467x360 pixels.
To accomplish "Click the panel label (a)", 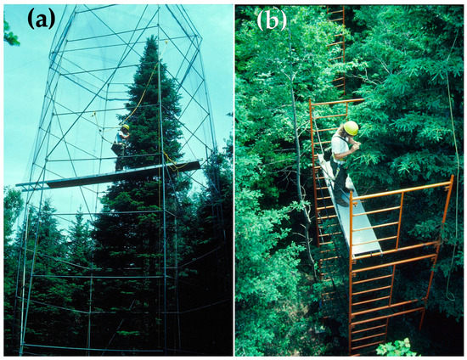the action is pos(42,19).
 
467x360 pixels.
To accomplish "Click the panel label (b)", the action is pos(272,21).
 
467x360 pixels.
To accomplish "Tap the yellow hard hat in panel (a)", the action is pos(127,127).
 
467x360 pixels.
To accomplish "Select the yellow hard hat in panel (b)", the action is pos(351,128).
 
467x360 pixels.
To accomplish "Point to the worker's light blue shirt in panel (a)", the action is pos(121,138).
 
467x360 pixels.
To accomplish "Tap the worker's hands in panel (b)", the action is pos(357,145).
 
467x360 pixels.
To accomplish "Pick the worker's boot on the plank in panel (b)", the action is pos(342,202).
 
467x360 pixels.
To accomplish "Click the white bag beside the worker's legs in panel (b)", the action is pos(349,183).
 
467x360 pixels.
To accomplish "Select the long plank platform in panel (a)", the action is pos(109,176).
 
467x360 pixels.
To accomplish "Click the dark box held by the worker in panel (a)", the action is pos(117,148).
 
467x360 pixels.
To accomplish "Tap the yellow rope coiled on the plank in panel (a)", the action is pos(172,162).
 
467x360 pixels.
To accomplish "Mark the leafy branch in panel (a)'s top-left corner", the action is pos(10,32).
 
